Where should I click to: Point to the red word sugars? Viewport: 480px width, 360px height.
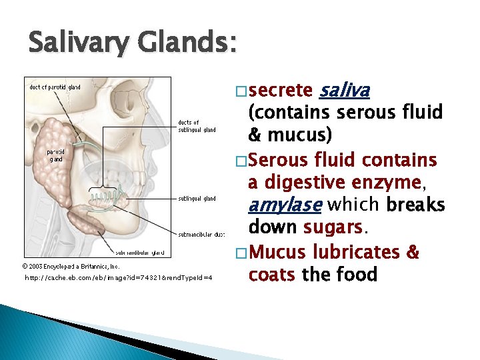tap(333, 227)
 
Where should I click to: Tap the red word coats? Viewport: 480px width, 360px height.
tap(271, 274)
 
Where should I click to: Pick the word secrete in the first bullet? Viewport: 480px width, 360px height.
tap(281, 90)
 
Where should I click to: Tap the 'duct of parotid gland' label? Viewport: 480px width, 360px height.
tap(55, 87)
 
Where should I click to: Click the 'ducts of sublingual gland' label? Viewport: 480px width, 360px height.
tap(197, 126)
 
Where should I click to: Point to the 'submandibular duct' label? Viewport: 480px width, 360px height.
tap(201, 234)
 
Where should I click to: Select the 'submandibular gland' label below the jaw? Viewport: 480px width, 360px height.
tap(139, 253)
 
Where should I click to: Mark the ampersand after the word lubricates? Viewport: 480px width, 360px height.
tap(413, 251)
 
